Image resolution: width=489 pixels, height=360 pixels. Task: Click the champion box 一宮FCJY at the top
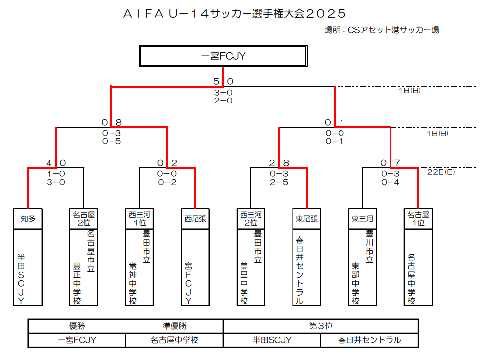click(224, 56)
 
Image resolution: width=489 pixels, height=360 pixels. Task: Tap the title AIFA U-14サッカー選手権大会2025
click(234, 13)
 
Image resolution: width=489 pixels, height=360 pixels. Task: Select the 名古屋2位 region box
click(84, 218)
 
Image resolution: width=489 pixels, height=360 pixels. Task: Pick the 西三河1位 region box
click(140, 218)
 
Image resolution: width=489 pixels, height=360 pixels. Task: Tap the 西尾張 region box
click(195, 218)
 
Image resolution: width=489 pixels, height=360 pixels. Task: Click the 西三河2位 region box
click(251, 218)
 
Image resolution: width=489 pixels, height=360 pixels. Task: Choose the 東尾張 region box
click(307, 218)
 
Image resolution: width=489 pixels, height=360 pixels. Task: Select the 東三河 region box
click(362, 218)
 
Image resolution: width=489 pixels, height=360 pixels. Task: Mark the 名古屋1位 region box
click(418, 218)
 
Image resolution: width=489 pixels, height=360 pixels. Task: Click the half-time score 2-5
click(279, 182)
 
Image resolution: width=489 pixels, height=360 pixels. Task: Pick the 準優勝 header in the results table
click(174, 326)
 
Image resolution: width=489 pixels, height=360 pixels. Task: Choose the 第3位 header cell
click(321, 326)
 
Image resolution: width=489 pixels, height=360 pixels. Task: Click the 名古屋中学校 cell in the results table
click(174, 340)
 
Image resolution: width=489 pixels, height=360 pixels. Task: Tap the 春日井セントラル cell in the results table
click(369, 340)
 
